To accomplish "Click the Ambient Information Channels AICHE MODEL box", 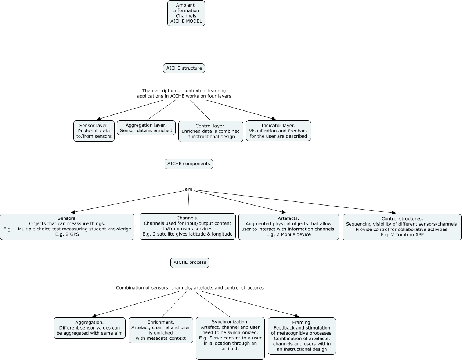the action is coord(186,13).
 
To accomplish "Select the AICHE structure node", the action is coord(184,68).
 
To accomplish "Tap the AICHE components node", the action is coord(189,164).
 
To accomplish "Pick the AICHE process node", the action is coord(190,263).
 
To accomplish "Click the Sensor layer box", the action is coord(94,131).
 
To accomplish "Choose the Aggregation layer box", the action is coord(146,128).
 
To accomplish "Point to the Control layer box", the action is coord(211,131).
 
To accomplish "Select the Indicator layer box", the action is coord(278,131).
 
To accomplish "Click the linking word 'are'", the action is coord(189,189).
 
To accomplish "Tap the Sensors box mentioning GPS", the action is coord(67,227).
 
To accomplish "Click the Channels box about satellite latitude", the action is coord(188,226).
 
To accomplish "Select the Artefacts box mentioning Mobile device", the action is coord(289,227).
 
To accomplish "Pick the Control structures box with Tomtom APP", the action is coord(402,227).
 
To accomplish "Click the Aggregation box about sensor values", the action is coord(90,328).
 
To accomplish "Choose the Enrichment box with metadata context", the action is coord(161,330).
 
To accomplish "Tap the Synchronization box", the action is coord(230,338).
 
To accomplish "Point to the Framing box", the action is coord(302,336).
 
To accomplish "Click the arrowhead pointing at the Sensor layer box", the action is coord(99,119).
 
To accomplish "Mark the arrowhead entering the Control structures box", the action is coord(394,212).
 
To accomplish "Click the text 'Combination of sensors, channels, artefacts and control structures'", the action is coord(190,288).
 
